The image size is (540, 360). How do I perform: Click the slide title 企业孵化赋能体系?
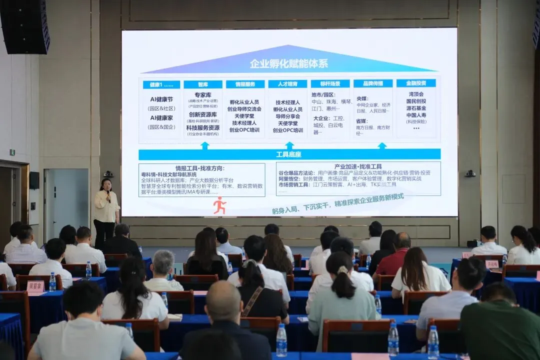[288, 64]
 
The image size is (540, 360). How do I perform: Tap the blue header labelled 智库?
[202, 84]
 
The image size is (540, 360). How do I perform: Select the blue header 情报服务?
[245, 84]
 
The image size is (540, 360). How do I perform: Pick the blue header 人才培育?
[287, 84]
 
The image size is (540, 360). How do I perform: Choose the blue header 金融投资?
[415, 83]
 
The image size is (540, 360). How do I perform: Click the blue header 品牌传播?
[372, 83]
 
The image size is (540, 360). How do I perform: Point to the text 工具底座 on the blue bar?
[289, 154]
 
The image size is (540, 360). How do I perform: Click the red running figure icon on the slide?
[219, 205]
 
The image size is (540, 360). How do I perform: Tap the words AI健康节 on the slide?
[161, 99]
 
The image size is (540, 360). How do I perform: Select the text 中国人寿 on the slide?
[415, 115]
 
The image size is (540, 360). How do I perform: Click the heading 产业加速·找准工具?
[357, 166]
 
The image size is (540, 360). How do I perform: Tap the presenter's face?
[106, 185]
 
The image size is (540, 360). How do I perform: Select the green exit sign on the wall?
[12, 152]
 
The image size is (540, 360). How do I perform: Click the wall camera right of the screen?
[469, 173]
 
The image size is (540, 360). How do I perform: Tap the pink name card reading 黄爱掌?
[35, 286]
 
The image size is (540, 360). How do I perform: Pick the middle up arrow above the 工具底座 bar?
[289, 145]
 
